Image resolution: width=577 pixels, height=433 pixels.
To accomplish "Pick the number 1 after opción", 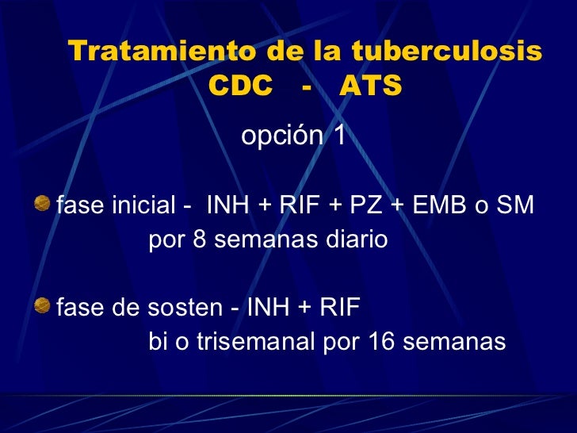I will [x=339, y=136].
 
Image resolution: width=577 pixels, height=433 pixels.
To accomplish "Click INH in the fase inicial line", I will [x=226, y=207].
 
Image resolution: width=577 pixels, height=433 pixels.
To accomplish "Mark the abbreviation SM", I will [x=518, y=207].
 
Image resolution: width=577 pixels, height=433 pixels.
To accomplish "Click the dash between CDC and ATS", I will [x=306, y=86].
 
